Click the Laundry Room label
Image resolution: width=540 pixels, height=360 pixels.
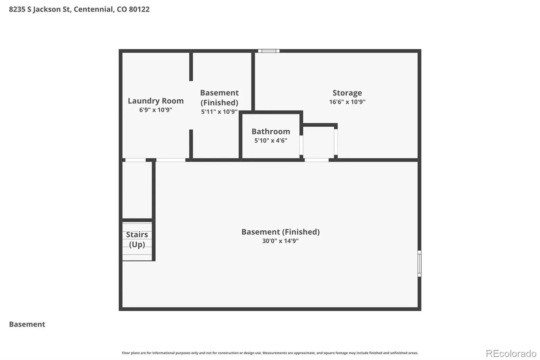pyautogui.click(x=156, y=101)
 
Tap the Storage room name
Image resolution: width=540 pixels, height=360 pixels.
pyautogui.click(x=347, y=93)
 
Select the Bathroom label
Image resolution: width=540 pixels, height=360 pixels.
pyautogui.click(x=271, y=131)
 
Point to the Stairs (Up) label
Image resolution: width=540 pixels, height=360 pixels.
pyautogui.click(x=137, y=239)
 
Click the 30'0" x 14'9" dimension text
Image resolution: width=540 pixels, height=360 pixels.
pyautogui.click(x=280, y=241)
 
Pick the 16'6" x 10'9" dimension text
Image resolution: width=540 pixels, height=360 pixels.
pyautogui.click(x=347, y=102)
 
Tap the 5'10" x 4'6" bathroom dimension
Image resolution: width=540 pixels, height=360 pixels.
pyautogui.click(x=271, y=140)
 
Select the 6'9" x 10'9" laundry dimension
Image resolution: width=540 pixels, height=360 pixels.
pyautogui.click(x=156, y=110)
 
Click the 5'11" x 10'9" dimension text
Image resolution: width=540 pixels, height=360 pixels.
pyautogui.click(x=219, y=112)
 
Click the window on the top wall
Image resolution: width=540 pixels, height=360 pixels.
pyautogui.click(x=269, y=51)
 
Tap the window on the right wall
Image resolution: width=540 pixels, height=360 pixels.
pyautogui.click(x=420, y=263)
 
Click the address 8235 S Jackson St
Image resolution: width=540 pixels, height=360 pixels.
pyautogui.click(x=40, y=9)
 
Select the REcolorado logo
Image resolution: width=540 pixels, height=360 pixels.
pyautogui.click(x=511, y=354)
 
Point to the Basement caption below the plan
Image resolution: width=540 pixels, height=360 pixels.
pyautogui.click(x=27, y=324)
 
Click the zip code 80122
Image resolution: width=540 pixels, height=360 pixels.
pyautogui.click(x=139, y=9)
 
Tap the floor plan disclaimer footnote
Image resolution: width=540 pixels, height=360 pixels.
pyautogui.click(x=270, y=353)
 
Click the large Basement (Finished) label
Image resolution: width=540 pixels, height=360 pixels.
pyautogui.click(x=280, y=232)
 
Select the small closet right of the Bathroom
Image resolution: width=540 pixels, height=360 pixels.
pyautogui.click(x=319, y=143)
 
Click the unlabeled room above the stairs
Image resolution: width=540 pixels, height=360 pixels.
pyautogui.click(x=137, y=190)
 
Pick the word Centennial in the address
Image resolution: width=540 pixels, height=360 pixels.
pyautogui.click(x=93, y=9)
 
